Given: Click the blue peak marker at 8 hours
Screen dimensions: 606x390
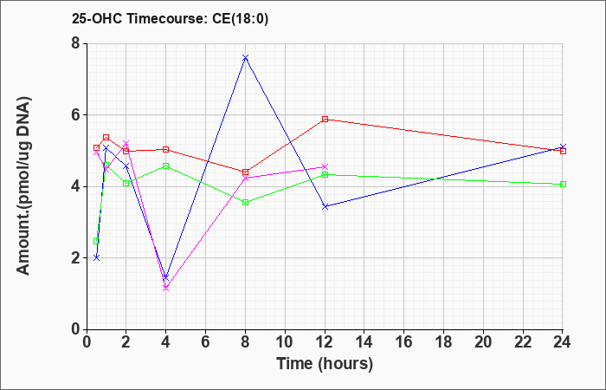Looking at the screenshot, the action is [x=245, y=58].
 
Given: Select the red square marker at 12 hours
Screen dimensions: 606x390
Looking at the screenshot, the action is [x=325, y=120].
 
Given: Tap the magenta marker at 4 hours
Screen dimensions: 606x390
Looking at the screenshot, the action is [x=166, y=289].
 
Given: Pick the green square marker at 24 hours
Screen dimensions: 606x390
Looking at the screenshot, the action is [x=563, y=184].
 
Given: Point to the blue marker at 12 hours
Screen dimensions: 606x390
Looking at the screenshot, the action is [x=325, y=206].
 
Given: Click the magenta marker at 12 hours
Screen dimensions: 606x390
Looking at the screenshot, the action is [x=325, y=166].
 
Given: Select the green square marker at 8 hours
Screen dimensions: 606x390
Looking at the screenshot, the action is [x=245, y=202].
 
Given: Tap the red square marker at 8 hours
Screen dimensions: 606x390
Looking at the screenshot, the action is [x=245, y=172].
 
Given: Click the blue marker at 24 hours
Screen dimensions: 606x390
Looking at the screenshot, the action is [x=563, y=147].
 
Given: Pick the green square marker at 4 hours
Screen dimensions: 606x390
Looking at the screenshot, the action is [x=166, y=166].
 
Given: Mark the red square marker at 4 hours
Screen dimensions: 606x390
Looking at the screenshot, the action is [x=166, y=149].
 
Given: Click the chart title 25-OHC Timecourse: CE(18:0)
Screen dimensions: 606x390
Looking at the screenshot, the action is [x=170, y=19].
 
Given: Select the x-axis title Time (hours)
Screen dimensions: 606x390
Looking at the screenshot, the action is [x=325, y=364].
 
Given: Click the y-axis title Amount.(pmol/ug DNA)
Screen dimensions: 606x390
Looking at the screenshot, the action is [x=24, y=185].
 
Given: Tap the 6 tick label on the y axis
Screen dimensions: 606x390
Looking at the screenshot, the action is [x=75, y=115].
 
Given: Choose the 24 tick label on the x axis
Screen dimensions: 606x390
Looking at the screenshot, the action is [x=562, y=342].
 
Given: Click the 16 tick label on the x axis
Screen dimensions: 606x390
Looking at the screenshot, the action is [x=403, y=342].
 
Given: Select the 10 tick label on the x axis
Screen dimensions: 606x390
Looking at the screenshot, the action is [x=285, y=342].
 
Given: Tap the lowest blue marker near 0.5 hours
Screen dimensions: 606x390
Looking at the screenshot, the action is [x=97, y=257].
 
